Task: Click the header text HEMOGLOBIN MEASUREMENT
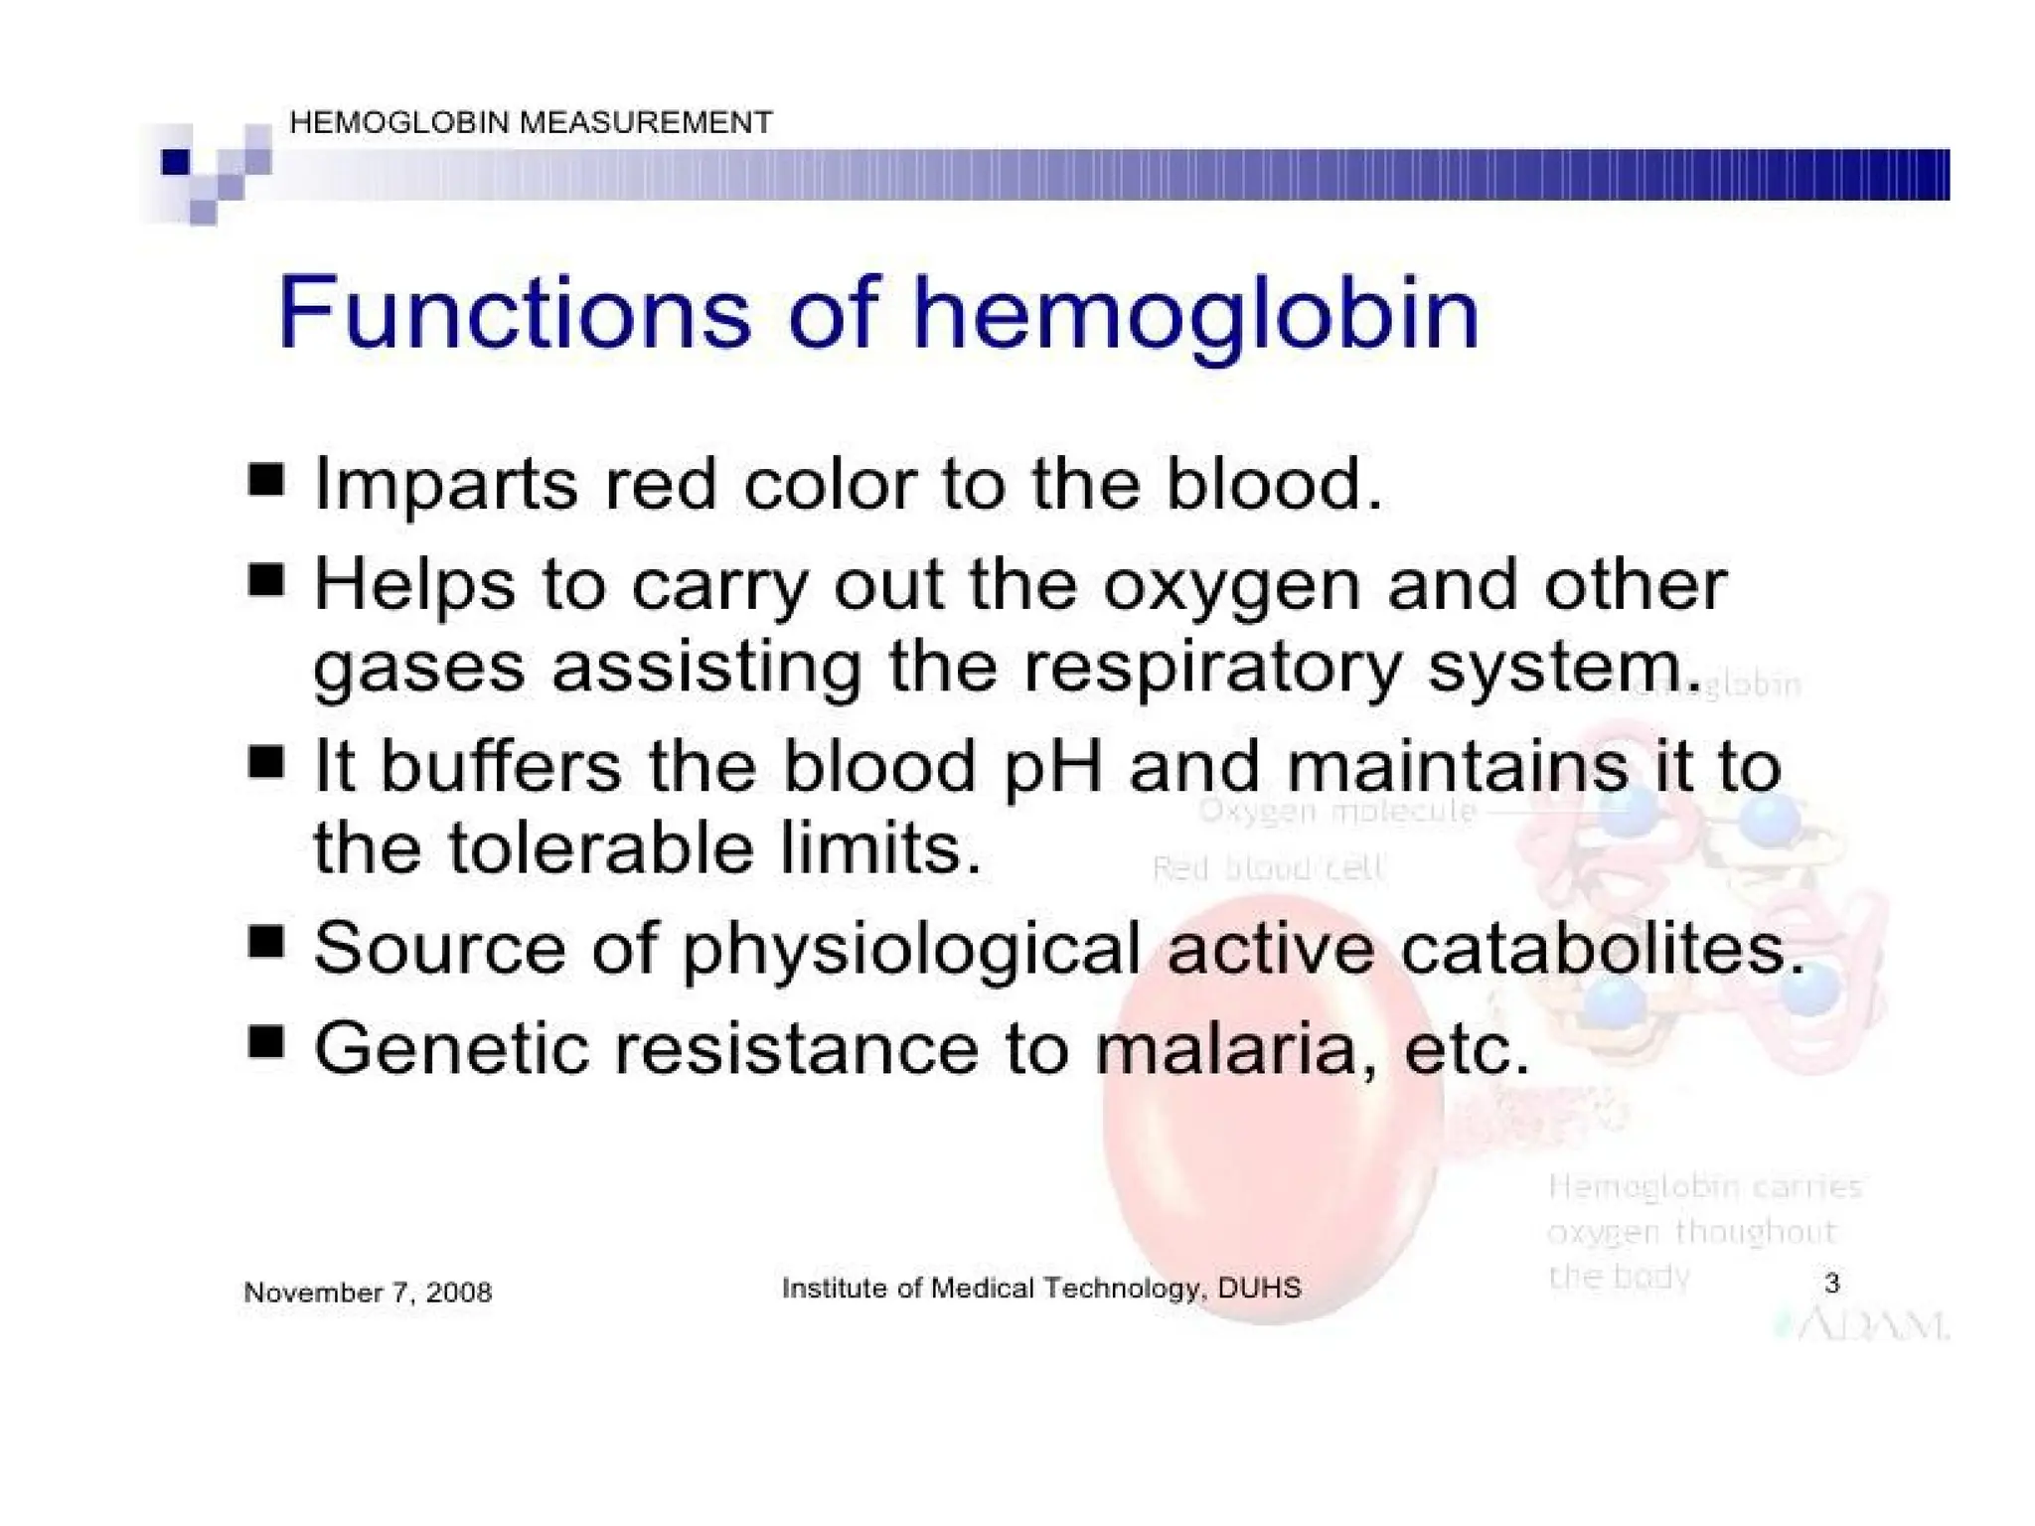530,122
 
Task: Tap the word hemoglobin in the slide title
1195,316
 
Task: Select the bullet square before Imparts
265,480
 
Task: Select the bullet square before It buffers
265,763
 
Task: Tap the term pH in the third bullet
1052,767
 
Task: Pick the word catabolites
1601,948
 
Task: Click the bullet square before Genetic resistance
265,1043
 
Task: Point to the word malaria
1225,1049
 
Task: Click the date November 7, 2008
368,1293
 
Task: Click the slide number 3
1831,1283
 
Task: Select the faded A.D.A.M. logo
1863,1325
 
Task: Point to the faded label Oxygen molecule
1337,811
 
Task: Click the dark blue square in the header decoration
176,162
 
